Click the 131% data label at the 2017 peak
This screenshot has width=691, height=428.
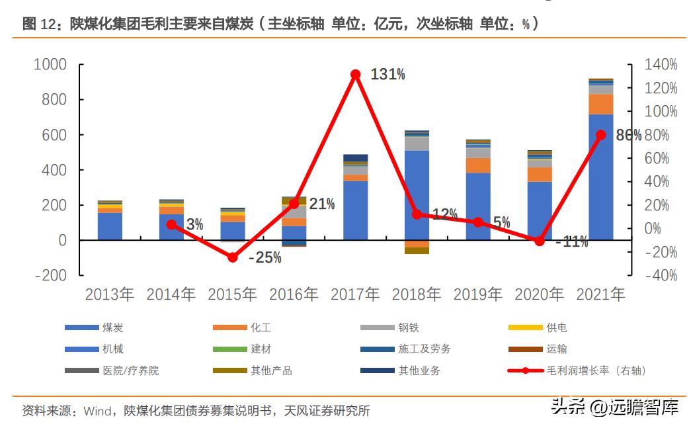[387, 75]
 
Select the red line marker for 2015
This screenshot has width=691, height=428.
[233, 257]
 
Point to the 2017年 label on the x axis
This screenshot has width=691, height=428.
[355, 294]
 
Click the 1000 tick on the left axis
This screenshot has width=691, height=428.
[50, 65]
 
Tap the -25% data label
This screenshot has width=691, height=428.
[264, 258]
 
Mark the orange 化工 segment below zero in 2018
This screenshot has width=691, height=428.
[417, 243]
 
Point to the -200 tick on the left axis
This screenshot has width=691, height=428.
[50, 275]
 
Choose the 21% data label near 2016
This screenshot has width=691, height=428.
[321, 204]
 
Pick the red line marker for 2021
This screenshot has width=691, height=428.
[600, 135]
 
